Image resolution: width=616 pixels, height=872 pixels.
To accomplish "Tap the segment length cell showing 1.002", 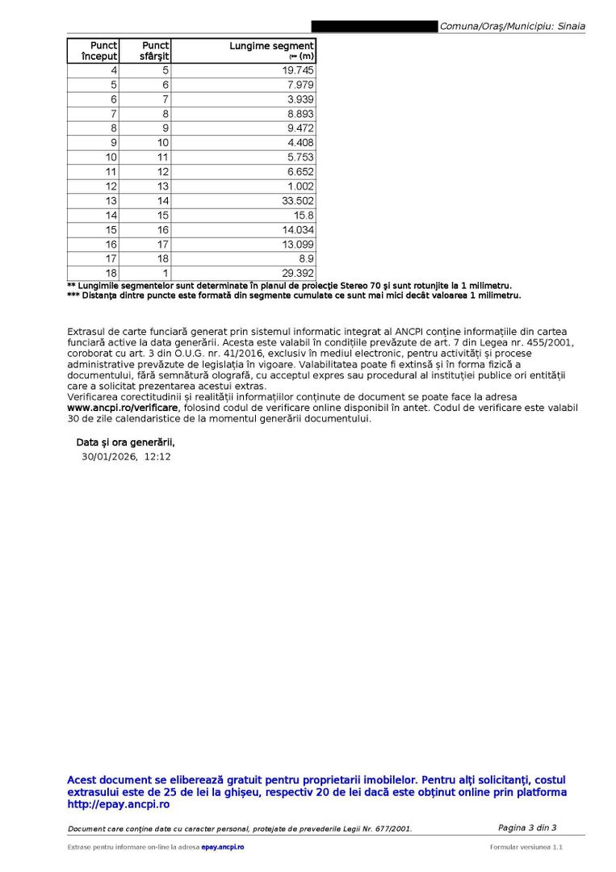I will (302, 187).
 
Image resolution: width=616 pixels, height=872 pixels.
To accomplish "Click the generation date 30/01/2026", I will (109, 457).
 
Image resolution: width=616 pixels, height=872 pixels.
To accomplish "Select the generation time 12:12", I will (157, 457).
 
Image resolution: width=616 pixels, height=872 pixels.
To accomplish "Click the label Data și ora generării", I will (125, 442).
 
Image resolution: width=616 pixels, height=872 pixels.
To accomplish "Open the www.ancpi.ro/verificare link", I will (123, 409).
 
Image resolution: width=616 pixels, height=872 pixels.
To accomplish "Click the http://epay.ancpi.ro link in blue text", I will (118, 805).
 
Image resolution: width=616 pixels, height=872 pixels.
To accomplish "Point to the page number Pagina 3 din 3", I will (526, 828).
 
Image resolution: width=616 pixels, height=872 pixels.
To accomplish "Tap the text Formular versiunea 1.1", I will (526, 847).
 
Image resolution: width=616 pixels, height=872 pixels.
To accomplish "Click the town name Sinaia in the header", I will (571, 27).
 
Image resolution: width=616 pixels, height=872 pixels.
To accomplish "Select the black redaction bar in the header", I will (374, 27).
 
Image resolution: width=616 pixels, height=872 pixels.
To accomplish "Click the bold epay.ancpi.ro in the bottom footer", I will (222, 847).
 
